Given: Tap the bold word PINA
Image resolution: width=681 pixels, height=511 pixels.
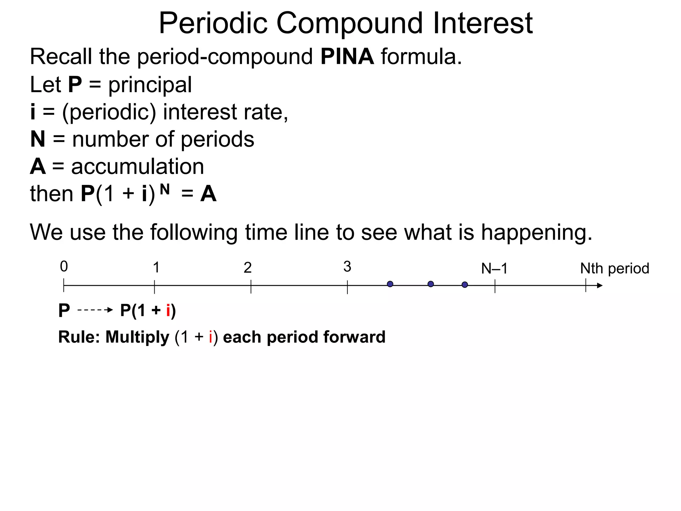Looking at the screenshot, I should pyautogui.click(x=347, y=57).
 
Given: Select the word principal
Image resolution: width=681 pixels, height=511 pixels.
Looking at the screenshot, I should pyautogui.click(x=150, y=85).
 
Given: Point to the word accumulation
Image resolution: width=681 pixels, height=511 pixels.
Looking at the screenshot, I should pyautogui.click(x=137, y=167).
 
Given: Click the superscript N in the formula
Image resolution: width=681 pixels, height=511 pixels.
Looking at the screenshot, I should pyautogui.click(x=165, y=190).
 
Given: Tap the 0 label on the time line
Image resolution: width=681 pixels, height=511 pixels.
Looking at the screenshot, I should pyautogui.click(x=64, y=266).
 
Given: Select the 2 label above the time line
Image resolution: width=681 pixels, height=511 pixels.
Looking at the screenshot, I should pyautogui.click(x=247, y=267).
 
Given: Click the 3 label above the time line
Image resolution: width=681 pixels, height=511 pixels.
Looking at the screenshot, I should pyautogui.click(x=347, y=267).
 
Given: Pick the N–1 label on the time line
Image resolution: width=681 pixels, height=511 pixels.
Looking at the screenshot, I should pyautogui.click(x=494, y=268).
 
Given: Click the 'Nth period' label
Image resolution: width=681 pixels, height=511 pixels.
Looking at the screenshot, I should pyautogui.click(x=614, y=268).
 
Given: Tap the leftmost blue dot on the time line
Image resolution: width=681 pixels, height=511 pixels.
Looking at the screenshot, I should pyautogui.click(x=390, y=284).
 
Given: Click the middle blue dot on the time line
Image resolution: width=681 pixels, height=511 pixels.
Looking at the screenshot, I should pyautogui.click(x=431, y=284).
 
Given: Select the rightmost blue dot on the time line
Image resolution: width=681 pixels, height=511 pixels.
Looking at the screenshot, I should pyautogui.click(x=465, y=285).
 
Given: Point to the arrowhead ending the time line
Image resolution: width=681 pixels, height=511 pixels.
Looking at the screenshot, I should pyautogui.click(x=600, y=285).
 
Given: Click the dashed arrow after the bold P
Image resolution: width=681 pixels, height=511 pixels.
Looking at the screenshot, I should pyautogui.click(x=95, y=310).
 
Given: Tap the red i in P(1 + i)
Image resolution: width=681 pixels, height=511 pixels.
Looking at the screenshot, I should pyautogui.click(x=168, y=311).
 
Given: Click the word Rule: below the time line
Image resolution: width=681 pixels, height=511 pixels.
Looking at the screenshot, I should pyautogui.click(x=79, y=337).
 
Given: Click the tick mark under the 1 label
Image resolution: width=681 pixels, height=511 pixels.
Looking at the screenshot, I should pyautogui.click(x=154, y=286).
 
